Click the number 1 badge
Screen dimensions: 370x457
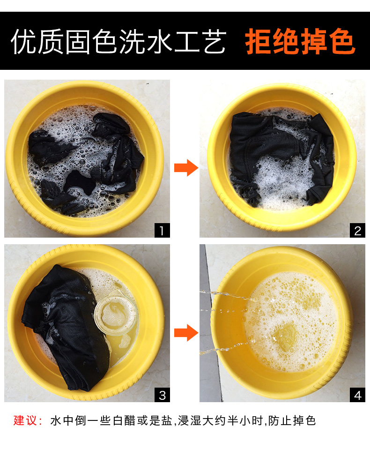162,230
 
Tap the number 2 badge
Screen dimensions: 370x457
357,230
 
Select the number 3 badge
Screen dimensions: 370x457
162,395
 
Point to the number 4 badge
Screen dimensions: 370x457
357,395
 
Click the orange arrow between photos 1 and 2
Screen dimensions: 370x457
186,168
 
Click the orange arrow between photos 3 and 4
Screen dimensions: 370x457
186,332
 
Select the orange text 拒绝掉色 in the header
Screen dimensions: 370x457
300,41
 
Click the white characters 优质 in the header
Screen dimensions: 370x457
37,41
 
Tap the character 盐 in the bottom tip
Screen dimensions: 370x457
167,420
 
